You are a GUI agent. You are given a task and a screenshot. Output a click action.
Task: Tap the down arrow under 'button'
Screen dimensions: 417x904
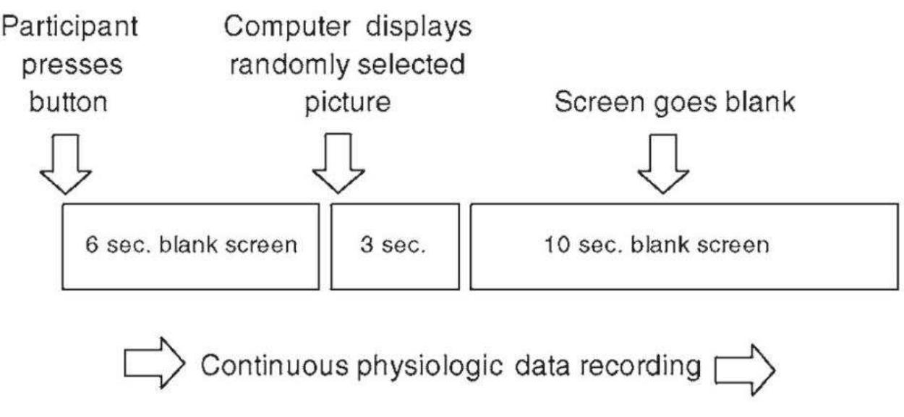click(66, 169)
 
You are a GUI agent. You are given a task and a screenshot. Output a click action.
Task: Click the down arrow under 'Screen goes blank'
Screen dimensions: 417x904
click(663, 169)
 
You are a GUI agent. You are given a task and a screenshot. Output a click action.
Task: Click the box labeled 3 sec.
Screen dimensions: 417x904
click(395, 245)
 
